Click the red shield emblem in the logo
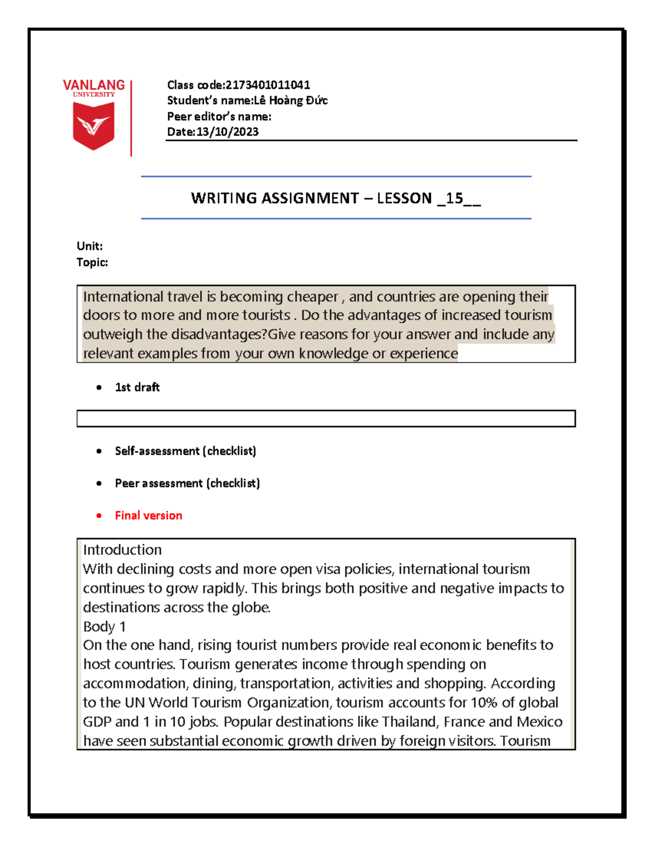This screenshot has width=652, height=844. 93,126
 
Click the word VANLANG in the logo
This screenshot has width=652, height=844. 93,85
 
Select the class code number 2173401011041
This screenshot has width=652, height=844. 268,85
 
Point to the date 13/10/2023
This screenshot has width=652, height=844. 227,132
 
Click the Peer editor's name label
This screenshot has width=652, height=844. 219,116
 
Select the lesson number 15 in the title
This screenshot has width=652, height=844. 454,198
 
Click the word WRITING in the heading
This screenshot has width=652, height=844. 223,198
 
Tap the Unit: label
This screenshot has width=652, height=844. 90,246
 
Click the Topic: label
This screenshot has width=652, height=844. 92,262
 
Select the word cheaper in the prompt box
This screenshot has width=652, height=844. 312,297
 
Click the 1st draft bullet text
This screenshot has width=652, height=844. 137,387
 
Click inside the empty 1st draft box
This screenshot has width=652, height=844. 326,418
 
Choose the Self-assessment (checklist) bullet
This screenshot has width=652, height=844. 185,451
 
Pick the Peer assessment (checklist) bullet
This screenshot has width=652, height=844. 187,483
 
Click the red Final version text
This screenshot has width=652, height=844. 148,516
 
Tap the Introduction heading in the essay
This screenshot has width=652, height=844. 122,550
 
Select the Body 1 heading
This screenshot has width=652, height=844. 104,627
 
